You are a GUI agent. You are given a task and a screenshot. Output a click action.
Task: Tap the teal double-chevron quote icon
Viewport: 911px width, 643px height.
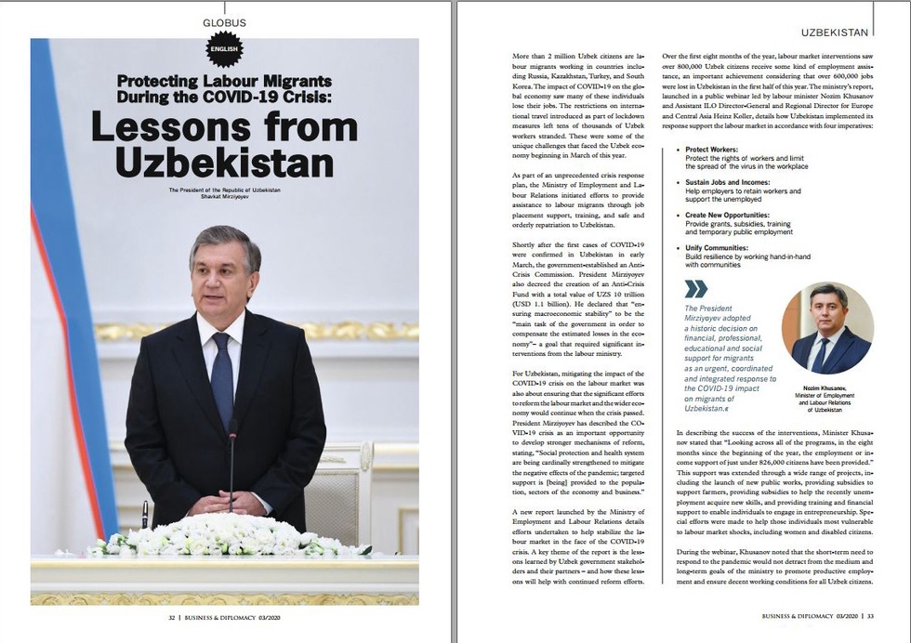(x=695, y=289)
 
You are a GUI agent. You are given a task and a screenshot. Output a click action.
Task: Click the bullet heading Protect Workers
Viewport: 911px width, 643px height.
(x=712, y=149)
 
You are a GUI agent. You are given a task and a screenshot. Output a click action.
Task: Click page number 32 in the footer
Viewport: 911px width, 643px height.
(x=172, y=615)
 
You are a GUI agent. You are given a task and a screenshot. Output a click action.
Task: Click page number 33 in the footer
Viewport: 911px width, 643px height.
(x=869, y=615)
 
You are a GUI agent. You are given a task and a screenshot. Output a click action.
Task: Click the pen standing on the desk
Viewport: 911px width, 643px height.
(x=145, y=513)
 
